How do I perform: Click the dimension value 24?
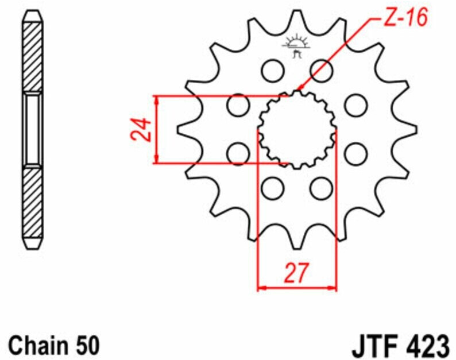[141, 129]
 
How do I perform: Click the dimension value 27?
[296, 273]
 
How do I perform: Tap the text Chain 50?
[54, 346]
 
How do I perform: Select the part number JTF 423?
[401, 346]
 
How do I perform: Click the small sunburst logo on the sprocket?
[296, 46]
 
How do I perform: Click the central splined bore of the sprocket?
[297, 130]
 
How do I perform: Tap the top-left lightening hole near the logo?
[272, 71]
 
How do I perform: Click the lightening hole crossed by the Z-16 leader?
[322, 71]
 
